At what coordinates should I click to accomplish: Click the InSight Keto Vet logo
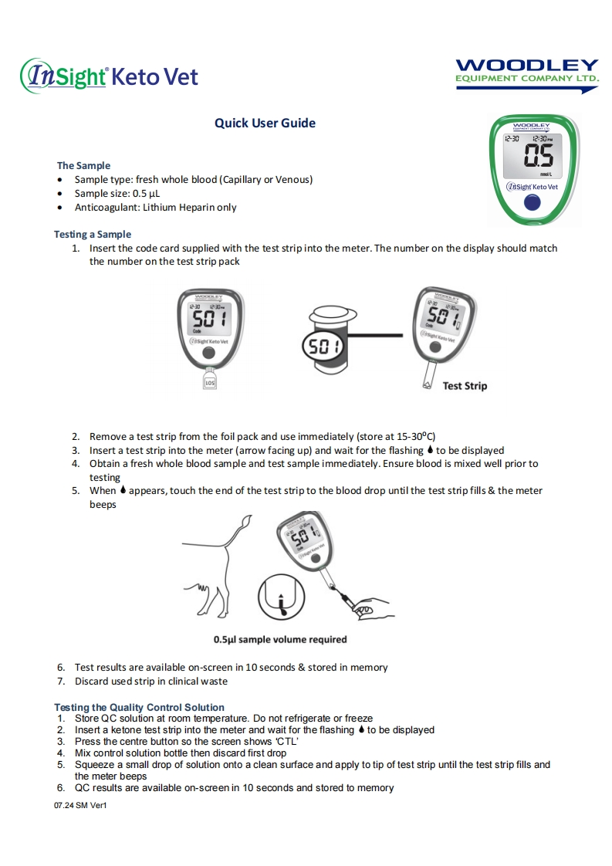[x=109, y=75]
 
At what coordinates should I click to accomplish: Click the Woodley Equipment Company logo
[x=527, y=75]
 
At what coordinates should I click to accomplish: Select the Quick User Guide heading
[x=265, y=123]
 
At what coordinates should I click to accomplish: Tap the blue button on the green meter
[x=531, y=203]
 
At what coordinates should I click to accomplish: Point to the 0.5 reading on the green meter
[x=538, y=157]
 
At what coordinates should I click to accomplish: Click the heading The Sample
[x=83, y=165]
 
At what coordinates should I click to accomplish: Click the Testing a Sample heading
[x=93, y=234]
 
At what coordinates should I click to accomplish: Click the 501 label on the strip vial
[x=325, y=347]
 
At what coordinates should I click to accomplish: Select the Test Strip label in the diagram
[x=465, y=385]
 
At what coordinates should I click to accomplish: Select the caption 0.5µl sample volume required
[x=280, y=639]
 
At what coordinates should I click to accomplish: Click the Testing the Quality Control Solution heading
[x=139, y=707]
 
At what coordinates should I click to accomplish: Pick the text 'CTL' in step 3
[x=285, y=742]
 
